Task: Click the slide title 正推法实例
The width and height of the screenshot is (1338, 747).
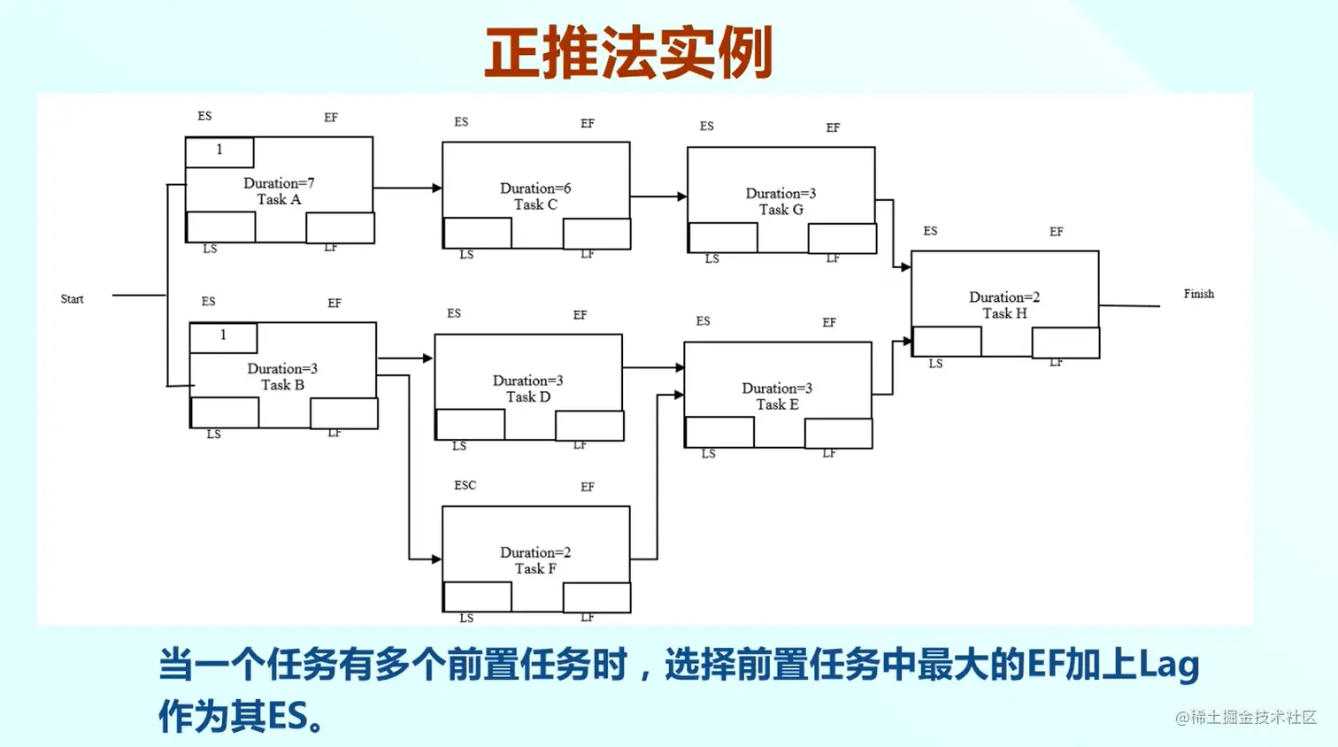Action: click(x=628, y=53)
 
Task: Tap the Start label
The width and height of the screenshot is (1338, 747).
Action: click(x=72, y=299)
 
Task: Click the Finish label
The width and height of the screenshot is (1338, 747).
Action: click(x=1198, y=294)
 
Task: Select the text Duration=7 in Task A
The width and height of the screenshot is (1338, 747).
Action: click(x=279, y=183)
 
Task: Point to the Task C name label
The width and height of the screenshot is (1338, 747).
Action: click(x=535, y=204)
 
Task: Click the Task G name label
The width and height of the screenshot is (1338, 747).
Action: click(x=780, y=210)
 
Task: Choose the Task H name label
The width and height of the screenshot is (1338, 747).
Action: click(x=1004, y=313)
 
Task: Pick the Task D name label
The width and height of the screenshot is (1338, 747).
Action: click(x=527, y=397)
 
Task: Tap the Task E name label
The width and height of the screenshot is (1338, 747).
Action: click(x=777, y=404)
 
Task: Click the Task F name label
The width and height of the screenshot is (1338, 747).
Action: click(x=535, y=568)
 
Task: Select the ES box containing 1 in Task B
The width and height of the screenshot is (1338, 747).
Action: click(x=223, y=336)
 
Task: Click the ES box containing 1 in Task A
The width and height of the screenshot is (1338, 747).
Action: click(x=219, y=151)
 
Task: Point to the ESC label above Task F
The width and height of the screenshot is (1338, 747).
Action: click(x=465, y=486)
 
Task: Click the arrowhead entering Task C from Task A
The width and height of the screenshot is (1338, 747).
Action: click(x=436, y=188)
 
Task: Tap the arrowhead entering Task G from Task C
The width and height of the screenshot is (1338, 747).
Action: click(x=681, y=196)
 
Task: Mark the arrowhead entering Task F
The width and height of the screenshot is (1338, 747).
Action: click(x=436, y=559)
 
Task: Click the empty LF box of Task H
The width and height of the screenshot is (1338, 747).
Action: click(x=1065, y=343)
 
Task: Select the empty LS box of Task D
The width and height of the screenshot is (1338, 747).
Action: click(x=471, y=425)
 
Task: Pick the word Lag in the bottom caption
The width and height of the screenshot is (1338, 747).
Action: click(x=1167, y=666)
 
